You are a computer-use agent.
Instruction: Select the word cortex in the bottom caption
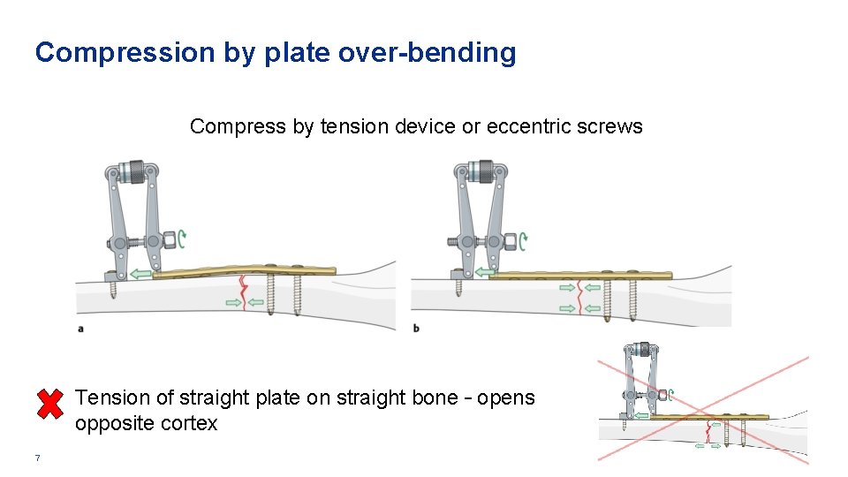click(191, 424)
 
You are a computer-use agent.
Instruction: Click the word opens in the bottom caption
click(506, 398)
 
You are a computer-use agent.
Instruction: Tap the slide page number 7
click(37, 458)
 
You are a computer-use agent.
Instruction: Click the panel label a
click(81, 328)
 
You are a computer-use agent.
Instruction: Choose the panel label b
click(416, 328)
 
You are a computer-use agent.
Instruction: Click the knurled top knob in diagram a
click(134, 171)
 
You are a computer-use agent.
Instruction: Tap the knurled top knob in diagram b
click(482, 171)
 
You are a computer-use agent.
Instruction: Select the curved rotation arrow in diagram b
click(523, 238)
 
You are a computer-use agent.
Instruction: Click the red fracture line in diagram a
click(243, 294)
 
